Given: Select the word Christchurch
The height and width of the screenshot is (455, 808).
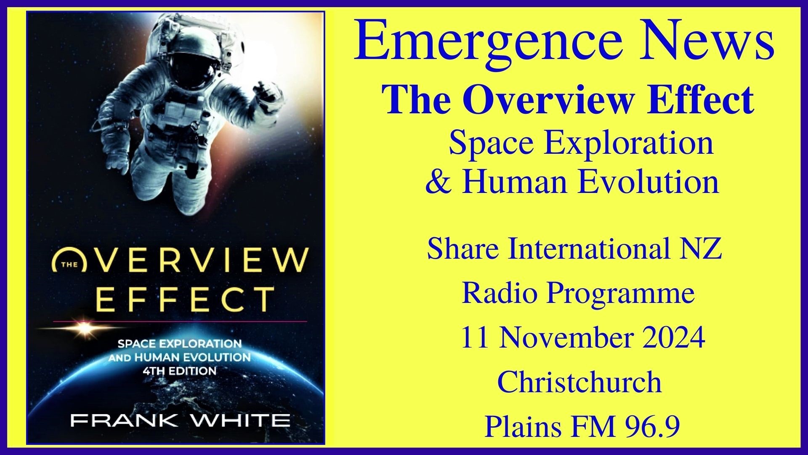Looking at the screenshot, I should [x=579, y=383].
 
